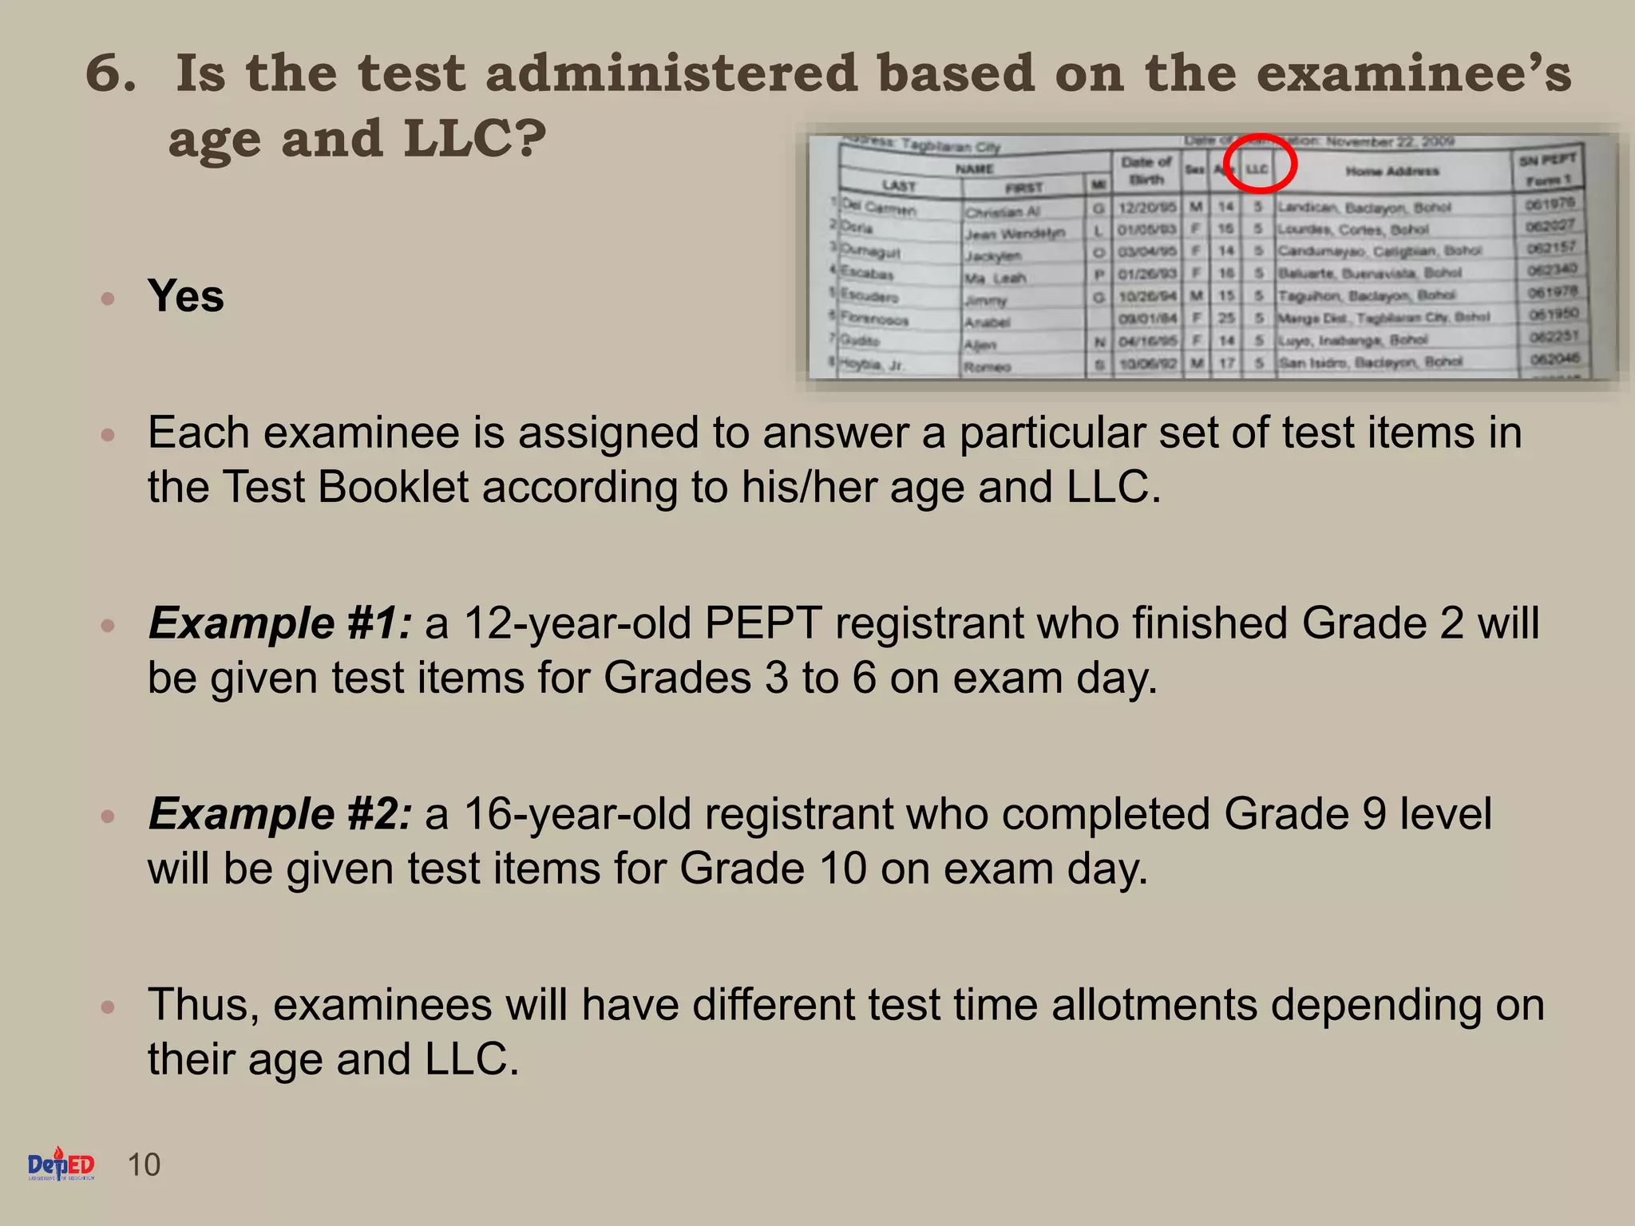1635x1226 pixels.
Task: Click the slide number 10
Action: tap(144, 1165)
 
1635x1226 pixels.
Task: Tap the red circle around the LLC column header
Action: tap(1259, 164)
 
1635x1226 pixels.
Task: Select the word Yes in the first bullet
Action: tap(185, 296)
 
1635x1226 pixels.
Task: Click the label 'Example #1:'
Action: tap(280, 623)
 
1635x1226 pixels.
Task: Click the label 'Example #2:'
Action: tap(280, 814)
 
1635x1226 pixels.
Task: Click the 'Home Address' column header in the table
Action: tap(1392, 171)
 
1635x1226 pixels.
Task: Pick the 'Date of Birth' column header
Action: tap(1146, 171)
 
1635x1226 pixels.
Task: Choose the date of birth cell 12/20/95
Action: tap(1147, 208)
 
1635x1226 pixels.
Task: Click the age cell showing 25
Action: tap(1226, 318)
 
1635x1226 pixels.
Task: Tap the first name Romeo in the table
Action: tap(988, 367)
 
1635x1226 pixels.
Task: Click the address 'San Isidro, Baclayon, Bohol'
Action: tap(1370, 362)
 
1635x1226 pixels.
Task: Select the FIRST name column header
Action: tap(1024, 188)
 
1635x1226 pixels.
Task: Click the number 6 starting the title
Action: tap(109, 73)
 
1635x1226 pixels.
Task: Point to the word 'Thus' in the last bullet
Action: tap(202, 1005)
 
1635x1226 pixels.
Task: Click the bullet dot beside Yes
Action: tap(109, 299)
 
